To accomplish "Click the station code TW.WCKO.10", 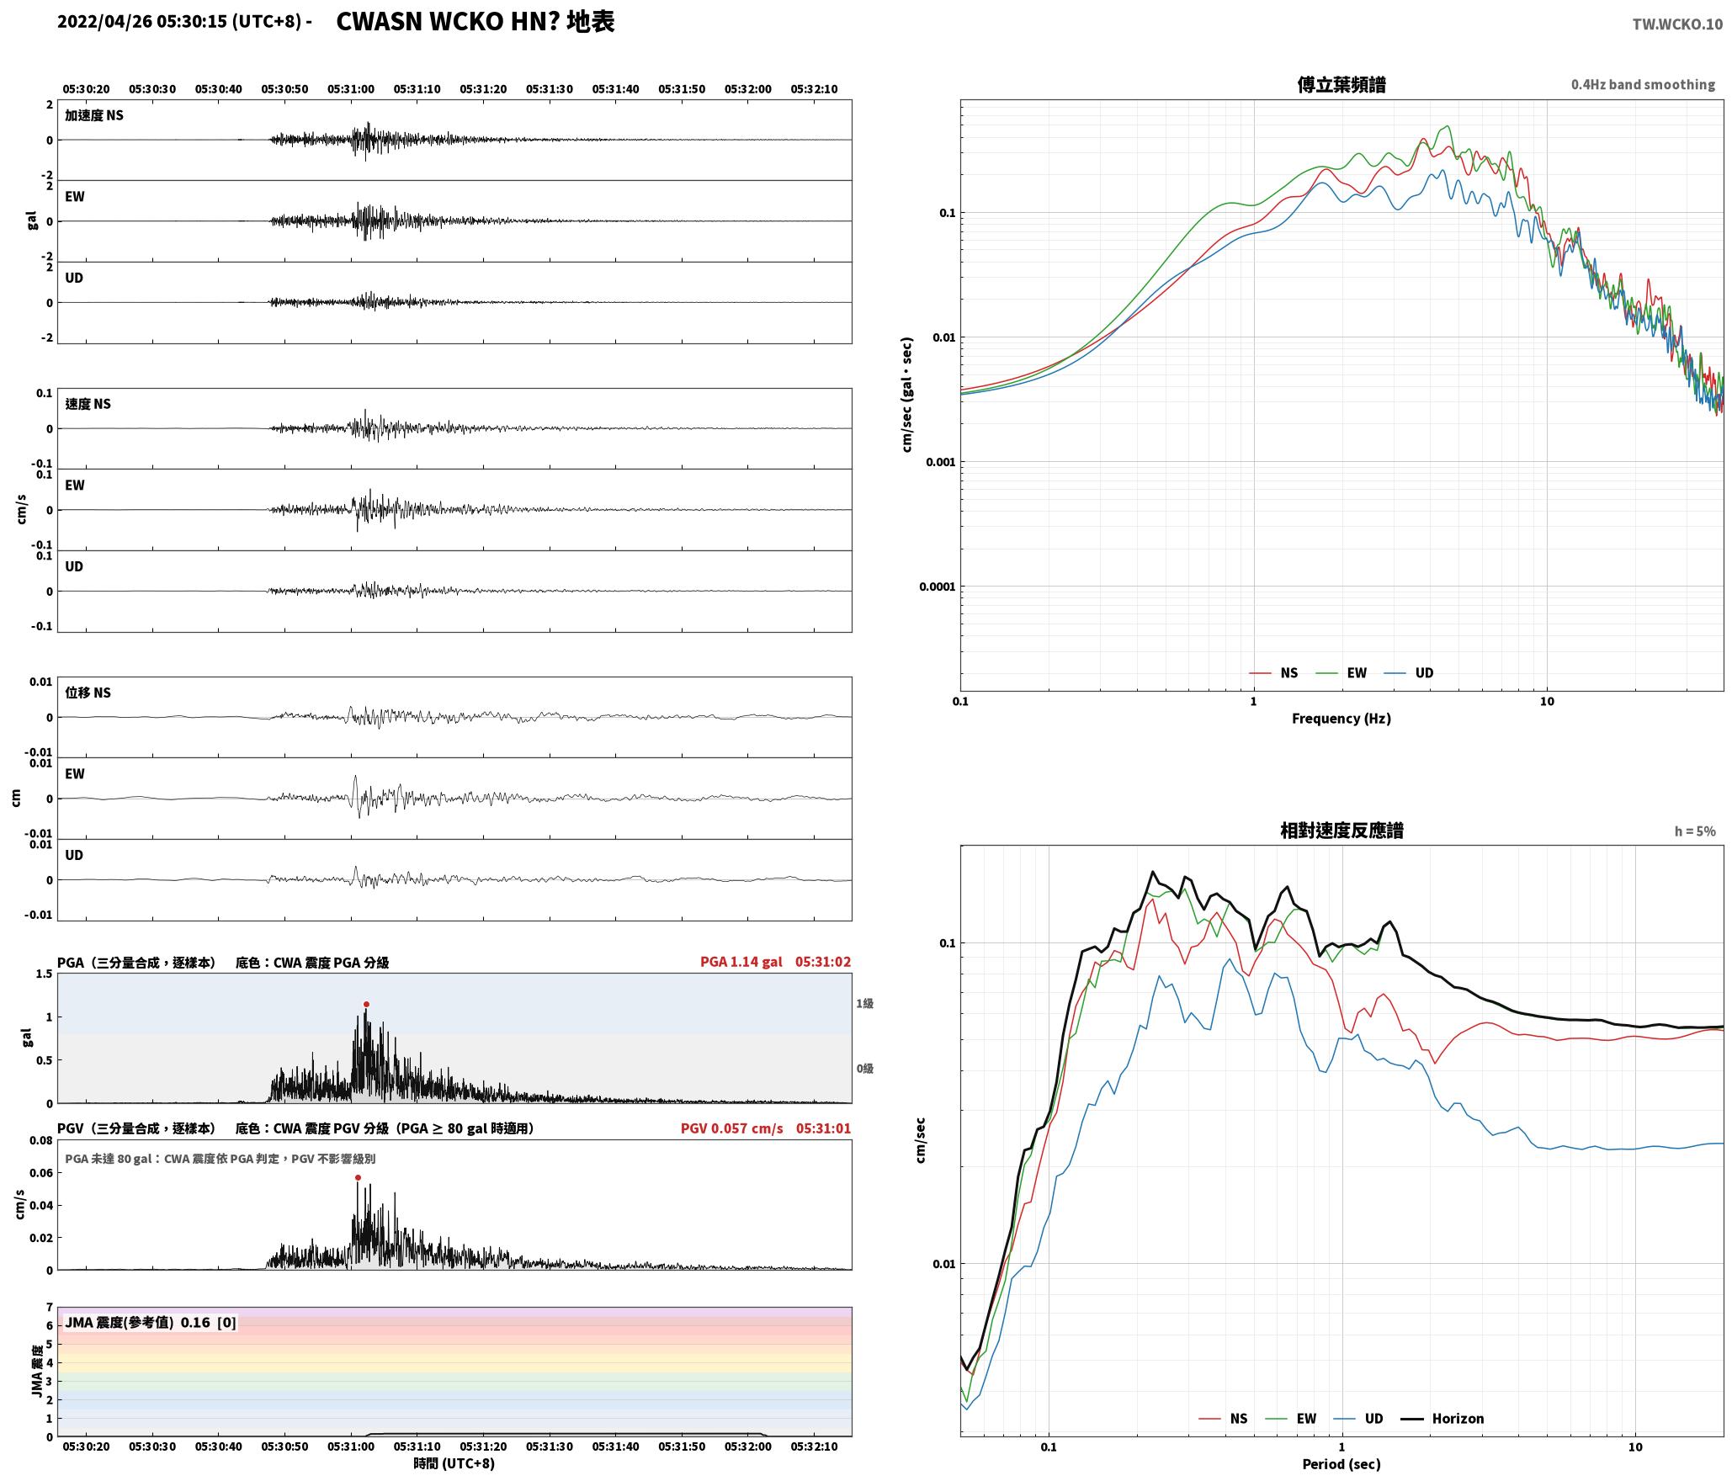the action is click(x=1677, y=24).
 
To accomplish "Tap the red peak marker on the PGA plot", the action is click(x=366, y=1004).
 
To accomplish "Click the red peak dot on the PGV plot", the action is click(x=358, y=1177).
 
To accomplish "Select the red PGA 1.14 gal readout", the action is click(x=741, y=962).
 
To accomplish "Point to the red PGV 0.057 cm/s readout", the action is click(x=731, y=1128).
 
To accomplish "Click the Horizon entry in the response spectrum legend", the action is click(x=1458, y=1418).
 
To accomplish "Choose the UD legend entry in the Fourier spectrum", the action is click(x=1424, y=672).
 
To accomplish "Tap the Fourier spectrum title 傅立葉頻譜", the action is click(x=1342, y=84).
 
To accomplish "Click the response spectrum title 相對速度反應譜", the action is click(x=1342, y=831).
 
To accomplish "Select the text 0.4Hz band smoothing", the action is click(x=1643, y=84).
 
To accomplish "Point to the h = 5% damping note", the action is click(x=1695, y=831).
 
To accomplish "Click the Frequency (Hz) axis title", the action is click(x=1342, y=718).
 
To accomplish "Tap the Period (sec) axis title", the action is click(x=1342, y=1464).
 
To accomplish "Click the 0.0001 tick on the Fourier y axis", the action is click(x=936, y=587).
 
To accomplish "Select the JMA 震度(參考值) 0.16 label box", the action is click(x=151, y=1322).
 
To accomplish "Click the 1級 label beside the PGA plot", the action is click(x=864, y=1003).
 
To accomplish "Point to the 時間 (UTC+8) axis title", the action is click(x=454, y=1463).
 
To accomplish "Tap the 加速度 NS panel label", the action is click(x=94, y=115).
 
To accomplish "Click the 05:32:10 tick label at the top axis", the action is click(x=814, y=88).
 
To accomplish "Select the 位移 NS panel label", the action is click(x=88, y=693).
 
